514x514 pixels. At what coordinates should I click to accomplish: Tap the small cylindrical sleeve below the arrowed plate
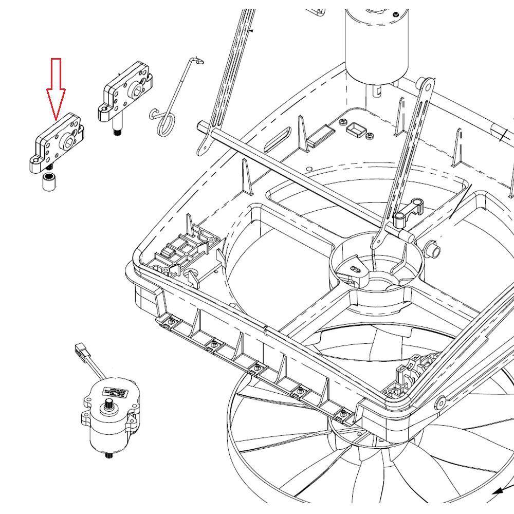click(49, 182)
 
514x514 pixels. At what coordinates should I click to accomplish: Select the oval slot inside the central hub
click(355, 267)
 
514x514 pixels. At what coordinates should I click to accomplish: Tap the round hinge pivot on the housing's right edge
click(440, 402)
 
